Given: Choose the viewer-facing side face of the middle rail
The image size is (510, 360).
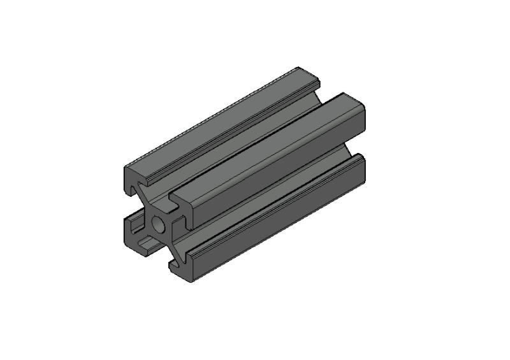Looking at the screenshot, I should [x=274, y=175].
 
